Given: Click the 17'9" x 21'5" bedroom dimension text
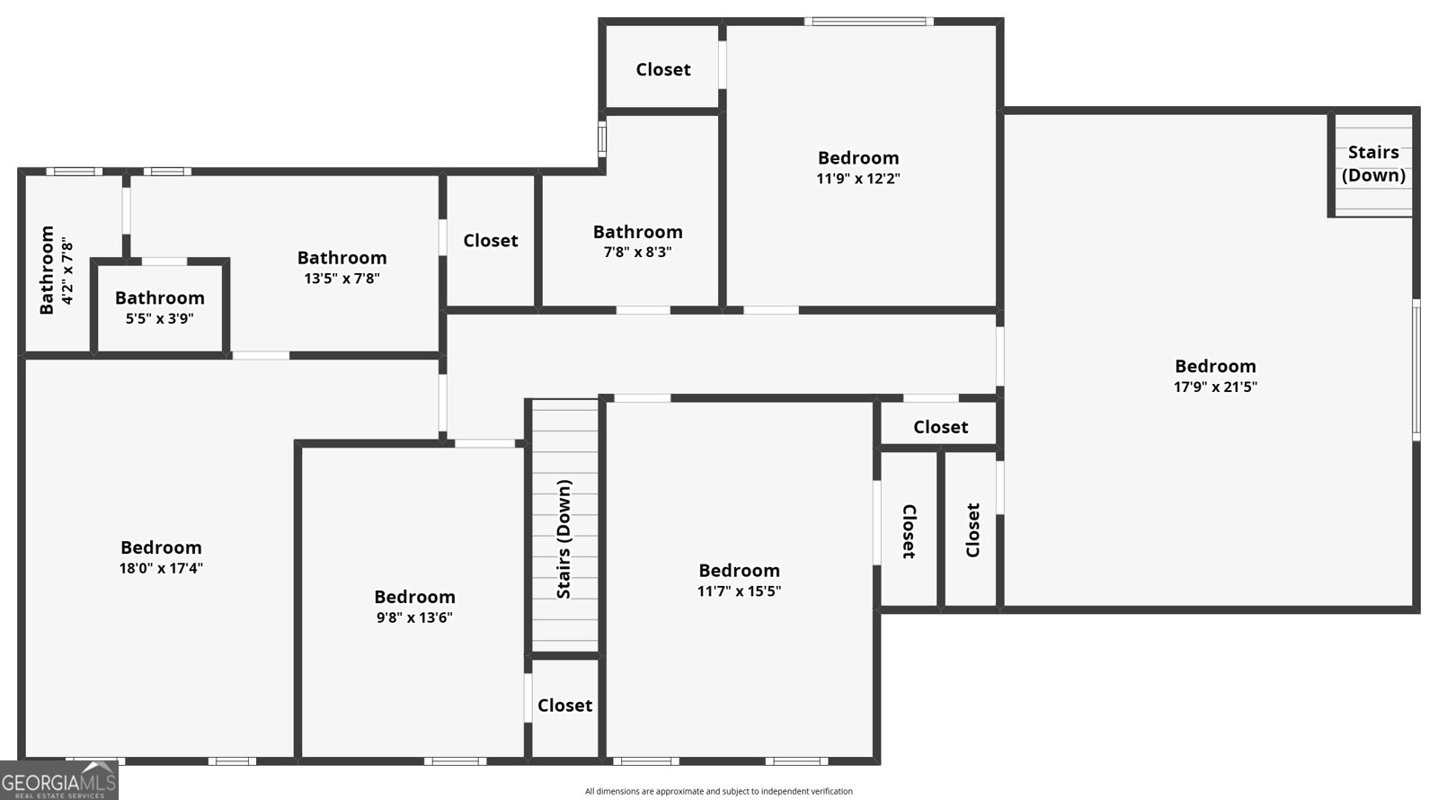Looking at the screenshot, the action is click(x=1215, y=387).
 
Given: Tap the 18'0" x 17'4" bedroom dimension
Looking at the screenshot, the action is click(x=161, y=568).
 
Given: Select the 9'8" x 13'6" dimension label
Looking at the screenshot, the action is click(x=414, y=618).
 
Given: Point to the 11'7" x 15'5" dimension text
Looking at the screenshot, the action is click(x=740, y=591).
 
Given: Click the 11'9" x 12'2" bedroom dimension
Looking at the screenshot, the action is click(x=858, y=179).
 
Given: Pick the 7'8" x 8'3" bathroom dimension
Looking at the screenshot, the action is click(x=637, y=253).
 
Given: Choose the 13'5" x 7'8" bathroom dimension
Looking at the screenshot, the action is click(x=342, y=279).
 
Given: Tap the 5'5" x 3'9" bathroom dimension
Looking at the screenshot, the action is click(x=160, y=319).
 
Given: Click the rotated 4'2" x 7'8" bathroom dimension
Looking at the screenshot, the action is click(x=67, y=271).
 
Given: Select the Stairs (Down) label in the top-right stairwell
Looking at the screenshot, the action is click(x=1374, y=164).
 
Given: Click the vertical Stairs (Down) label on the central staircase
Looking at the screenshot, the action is click(x=564, y=539).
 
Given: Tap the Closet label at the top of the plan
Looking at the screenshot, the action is click(x=663, y=69).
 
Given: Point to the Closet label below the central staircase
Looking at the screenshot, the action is click(x=565, y=706).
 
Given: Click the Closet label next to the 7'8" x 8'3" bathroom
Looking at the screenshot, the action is click(x=491, y=241).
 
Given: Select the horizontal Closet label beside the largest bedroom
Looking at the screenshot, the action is click(x=940, y=427).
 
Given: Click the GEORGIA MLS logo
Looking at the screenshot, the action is click(x=59, y=781).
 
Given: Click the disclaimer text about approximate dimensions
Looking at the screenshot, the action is click(x=718, y=792).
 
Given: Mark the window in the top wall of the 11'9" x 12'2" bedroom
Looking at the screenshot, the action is click(x=869, y=22).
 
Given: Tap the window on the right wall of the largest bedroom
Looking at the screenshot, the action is click(x=1416, y=369).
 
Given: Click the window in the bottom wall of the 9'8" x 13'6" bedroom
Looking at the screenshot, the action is click(x=455, y=761).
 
